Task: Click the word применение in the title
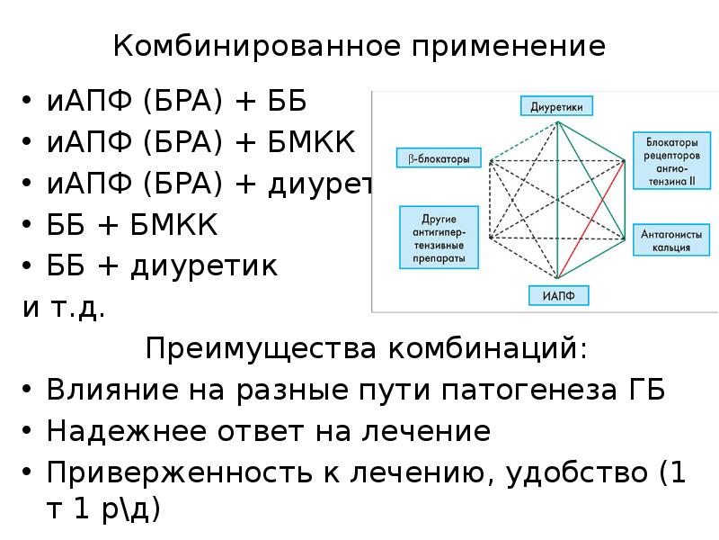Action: point(509,46)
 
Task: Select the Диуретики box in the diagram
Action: point(556,106)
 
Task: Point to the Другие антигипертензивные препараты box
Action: point(438,238)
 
